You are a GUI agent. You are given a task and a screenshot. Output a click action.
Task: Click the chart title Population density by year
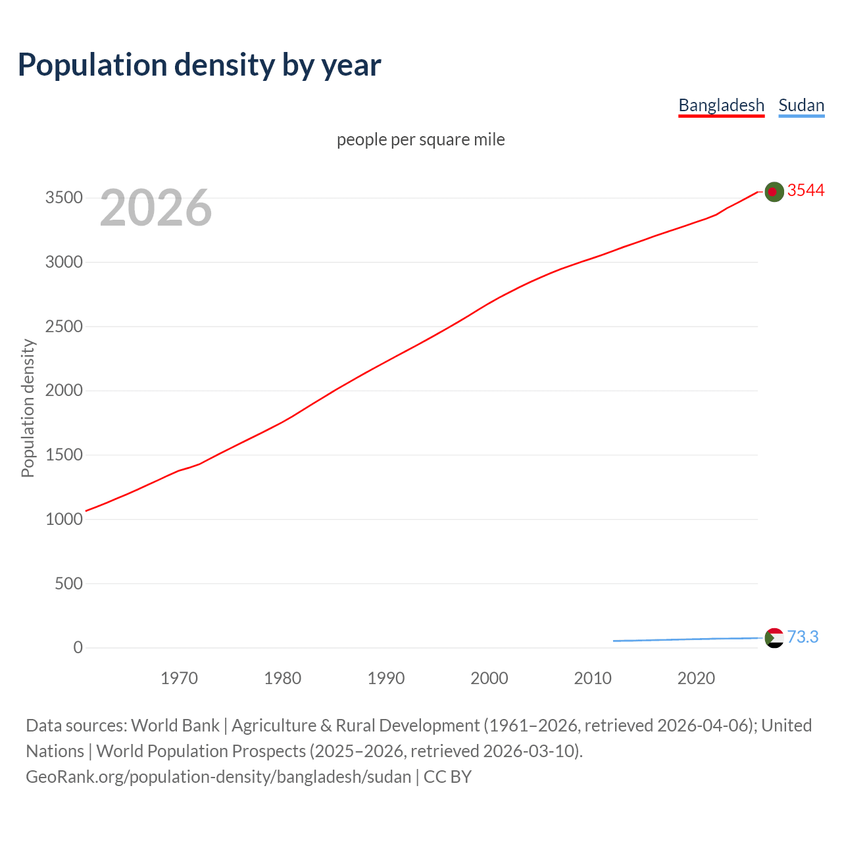pyautogui.click(x=199, y=64)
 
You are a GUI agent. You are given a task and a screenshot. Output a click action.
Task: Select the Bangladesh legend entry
pyautogui.click(x=721, y=105)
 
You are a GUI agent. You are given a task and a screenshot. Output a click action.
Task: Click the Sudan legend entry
pyautogui.click(x=801, y=105)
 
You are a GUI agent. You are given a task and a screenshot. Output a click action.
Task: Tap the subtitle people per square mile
pyautogui.click(x=421, y=139)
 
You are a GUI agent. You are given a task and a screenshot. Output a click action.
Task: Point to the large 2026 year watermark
pyautogui.click(x=156, y=208)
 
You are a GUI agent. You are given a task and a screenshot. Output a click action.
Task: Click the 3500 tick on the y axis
pyautogui.click(x=64, y=198)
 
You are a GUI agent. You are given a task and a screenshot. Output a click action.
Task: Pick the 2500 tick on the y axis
pyautogui.click(x=64, y=326)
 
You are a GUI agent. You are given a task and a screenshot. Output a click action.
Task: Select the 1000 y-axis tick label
pyautogui.click(x=64, y=519)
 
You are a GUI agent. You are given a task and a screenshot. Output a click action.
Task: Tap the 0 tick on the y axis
pyautogui.click(x=78, y=648)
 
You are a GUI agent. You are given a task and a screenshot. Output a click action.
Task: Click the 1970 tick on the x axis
pyautogui.click(x=179, y=678)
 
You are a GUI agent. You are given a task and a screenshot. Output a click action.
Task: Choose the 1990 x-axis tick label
pyautogui.click(x=386, y=678)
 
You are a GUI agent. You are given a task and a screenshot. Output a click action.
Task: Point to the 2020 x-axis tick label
pyautogui.click(x=696, y=678)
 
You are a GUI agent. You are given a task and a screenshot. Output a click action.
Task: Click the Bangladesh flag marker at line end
pyautogui.click(x=774, y=191)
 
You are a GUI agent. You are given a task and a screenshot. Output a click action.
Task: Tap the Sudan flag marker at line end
pyautogui.click(x=774, y=637)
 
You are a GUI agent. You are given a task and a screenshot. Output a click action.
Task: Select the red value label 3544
pyautogui.click(x=806, y=190)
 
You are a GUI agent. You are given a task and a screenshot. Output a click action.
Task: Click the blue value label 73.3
pyautogui.click(x=803, y=637)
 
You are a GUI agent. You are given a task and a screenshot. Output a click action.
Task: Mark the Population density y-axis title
pyautogui.click(x=28, y=408)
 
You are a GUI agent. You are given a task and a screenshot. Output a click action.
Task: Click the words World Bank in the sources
pyautogui.click(x=175, y=725)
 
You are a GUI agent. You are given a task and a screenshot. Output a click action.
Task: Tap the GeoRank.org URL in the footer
pyautogui.click(x=218, y=776)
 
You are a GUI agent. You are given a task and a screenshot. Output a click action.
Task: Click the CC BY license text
pyautogui.click(x=447, y=776)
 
